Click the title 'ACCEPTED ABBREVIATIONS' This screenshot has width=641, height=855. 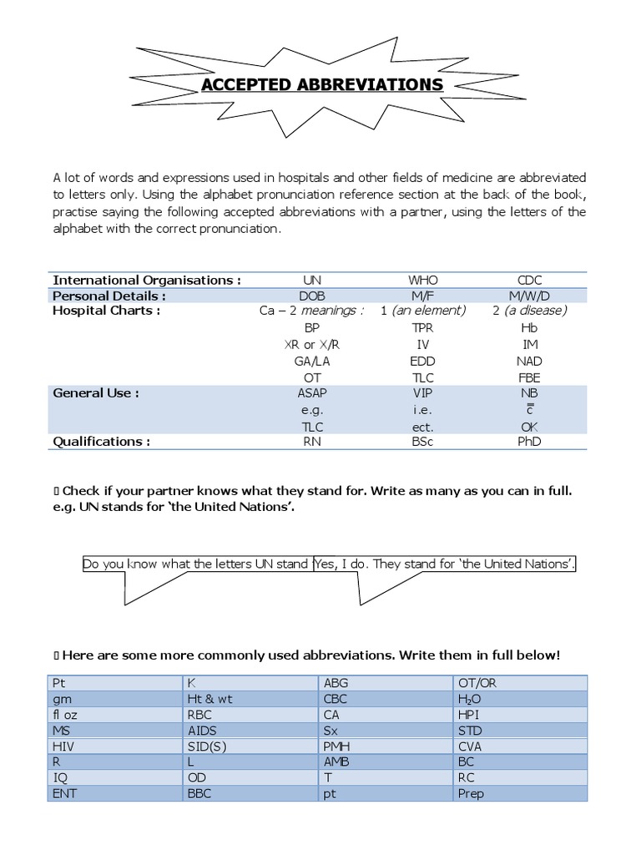click(320, 85)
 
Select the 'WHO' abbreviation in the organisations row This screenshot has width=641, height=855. click(423, 280)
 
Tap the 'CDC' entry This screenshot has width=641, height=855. click(529, 280)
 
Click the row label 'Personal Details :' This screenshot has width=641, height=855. click(109, 296)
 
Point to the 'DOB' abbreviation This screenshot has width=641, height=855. click(312, 296)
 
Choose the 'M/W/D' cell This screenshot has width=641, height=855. click(529, 296)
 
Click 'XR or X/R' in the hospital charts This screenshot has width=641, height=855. click(312, 344)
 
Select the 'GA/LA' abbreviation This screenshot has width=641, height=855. click(312, 361)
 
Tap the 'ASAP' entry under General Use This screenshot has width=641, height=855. click(312, 393)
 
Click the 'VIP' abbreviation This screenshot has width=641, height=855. click(423, 393)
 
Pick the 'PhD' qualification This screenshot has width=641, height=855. click(529, 442)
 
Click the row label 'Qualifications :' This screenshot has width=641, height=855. click(102, 442)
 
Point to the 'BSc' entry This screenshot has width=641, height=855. click(423, 442)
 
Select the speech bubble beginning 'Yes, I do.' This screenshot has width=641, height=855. click(445, 564)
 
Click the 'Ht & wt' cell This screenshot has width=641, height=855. click(209, 699)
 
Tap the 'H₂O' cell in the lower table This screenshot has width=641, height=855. click(470, 699)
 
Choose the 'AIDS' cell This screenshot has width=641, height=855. click(203, 731)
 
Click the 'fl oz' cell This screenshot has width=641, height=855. click(67, 715)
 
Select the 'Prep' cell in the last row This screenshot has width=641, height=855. click(471, 793)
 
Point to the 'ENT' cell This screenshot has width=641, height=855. click(64, 793)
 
